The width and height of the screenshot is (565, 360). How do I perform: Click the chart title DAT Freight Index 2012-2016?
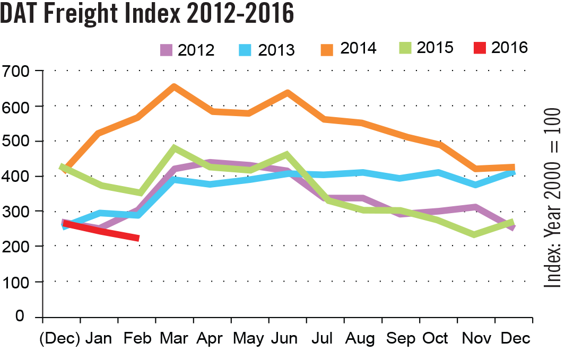tap(147, 14)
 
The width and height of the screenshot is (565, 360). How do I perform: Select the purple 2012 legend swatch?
tap(168, 50)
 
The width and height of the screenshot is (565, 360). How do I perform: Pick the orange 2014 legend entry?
tap(348, 48)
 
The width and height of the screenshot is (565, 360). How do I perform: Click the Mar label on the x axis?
tap(174, 338)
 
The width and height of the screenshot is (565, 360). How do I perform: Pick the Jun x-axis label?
tap(287, 338)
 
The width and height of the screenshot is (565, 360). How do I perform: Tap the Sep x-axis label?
tap(401, 338)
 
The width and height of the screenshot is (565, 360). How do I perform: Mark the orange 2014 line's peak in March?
tap(174, 86)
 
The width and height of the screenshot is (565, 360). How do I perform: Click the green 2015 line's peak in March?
tap(174, 148)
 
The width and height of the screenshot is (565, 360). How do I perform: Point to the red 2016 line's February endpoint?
tap(137, 239)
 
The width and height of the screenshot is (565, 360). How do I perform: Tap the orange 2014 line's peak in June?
tap(287, 93)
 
